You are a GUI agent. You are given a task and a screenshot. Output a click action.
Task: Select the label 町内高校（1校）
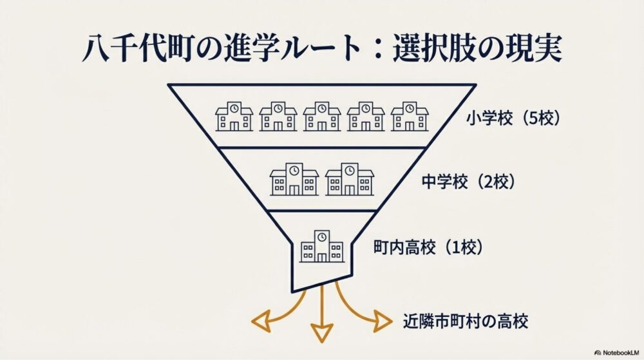pyautogui.click(x=428, y=247)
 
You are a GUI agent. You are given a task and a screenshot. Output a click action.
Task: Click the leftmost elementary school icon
pyautogui.click(x=234, y=116)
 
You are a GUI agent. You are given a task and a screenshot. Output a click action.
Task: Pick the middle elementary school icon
pyautogui.click(x=321, y=116)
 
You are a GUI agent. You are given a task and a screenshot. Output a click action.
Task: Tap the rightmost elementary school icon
pyautogui.click(x=409, y=116)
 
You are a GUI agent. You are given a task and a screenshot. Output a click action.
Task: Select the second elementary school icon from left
pyautogui.click(x=278, y=116)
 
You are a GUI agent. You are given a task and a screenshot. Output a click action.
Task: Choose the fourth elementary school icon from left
pyautogui.click(x=365, y=116)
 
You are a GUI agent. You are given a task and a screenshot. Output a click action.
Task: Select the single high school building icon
pyautogui.click(x=321, y=245)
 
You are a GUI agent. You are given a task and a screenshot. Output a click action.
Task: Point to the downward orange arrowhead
pyautogui.click(x=321, y=334)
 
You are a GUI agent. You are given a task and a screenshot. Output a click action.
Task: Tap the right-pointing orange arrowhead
pyautogui.click(x=383, y=319)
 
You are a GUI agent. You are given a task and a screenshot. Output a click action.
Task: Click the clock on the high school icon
pyautogui.click(x=321, y=235)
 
